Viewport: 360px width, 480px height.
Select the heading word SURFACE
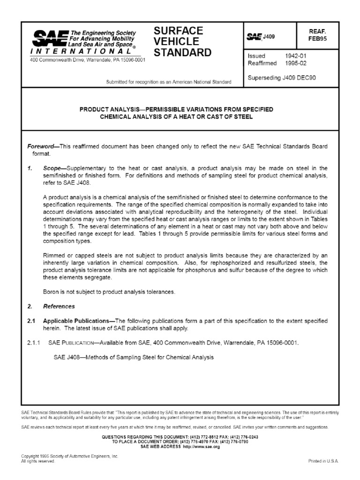coord(178,31)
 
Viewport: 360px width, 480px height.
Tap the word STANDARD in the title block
coord(182,52)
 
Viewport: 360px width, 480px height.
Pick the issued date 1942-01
coord(295,56)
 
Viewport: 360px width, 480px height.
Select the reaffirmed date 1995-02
coord(295,63)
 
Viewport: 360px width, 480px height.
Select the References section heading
coord(59,307)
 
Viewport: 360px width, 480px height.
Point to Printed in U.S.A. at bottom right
coord(323,461)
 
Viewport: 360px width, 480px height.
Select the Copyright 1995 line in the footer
coord(70,456)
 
